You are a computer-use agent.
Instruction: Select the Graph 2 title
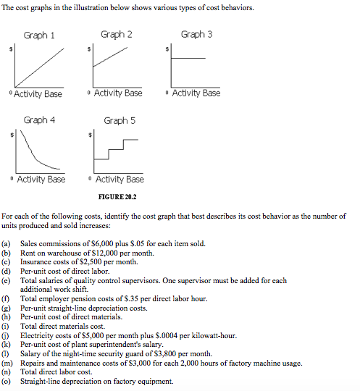(117, 34)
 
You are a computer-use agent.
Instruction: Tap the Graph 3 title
(196, 34)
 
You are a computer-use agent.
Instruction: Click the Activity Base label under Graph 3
(196, 93)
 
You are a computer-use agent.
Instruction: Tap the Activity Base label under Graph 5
(119, 179)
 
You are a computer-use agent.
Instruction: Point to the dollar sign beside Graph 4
(10, 135)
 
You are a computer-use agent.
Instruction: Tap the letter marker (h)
(7, 316)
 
